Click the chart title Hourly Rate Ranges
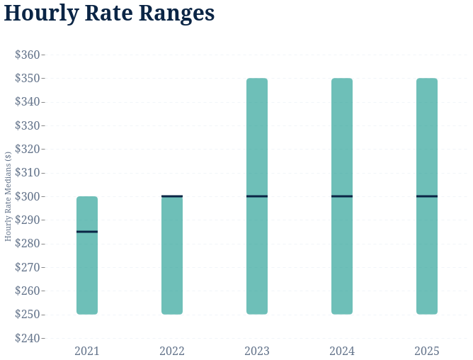pos(109,13)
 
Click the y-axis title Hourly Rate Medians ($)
pos(8,196)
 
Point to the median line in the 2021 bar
pos(87,232)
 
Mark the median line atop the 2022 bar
pos(172,196)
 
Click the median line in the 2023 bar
pos(257,196)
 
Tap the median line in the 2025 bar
pos(427,196)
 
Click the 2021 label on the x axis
pos(87,351)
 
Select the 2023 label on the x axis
pos(257,351)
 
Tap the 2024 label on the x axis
pos(342,351)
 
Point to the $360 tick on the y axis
pos(28,55)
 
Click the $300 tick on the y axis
pos(28,196)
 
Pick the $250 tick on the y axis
pos(28,314)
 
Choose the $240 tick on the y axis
pos(28,338)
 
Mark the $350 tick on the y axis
pos(28,78)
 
